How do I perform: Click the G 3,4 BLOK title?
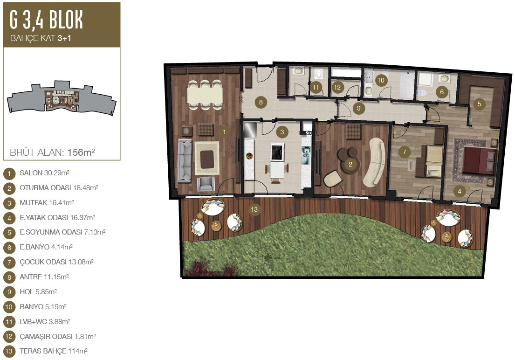(x=46, y=20)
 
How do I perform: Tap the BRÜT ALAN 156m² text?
(x=53, y=152)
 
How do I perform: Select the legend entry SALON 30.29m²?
(x=44, y=173)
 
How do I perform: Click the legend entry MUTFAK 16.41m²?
(x=47, y=203)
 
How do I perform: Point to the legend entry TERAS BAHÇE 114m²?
(x=54, y=351)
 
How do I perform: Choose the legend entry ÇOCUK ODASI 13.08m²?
(x=56, y=262)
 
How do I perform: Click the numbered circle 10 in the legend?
(x=9, y=307)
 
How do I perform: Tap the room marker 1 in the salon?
(x=224, y=132)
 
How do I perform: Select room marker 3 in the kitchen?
(x=282, y=132)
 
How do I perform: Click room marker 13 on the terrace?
(x=254, y=209)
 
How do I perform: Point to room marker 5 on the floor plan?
(x=479, y=104)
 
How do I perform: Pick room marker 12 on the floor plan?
(x=337, y=88)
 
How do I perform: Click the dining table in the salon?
(x=205, y=95)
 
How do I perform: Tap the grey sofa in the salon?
(x=185, y=160)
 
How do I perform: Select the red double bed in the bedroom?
(x=479, y=160)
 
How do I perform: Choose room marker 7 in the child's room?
(x=405, y=152)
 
